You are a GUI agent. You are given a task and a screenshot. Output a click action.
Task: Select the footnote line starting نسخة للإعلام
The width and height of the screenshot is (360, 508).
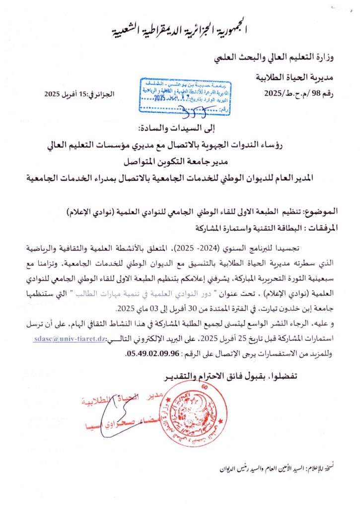click(283, 467)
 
